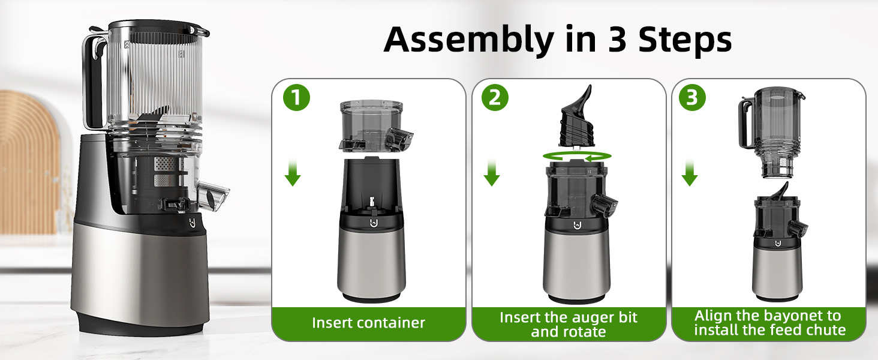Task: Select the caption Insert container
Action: click(368, 323)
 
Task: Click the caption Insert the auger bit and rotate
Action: click(568, 324)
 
